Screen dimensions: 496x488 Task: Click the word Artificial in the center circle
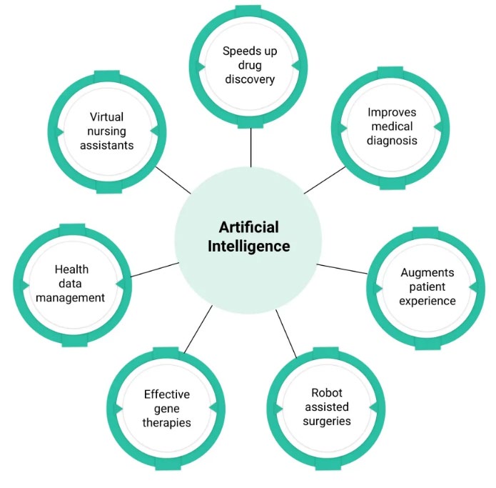[x=249, y=227]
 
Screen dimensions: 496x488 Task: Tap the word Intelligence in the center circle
[x=249, y=247]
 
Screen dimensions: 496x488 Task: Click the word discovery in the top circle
[x=250, y=79]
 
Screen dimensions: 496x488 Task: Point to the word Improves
[x=392, y=113]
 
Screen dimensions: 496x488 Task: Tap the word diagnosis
[x=392, y=141]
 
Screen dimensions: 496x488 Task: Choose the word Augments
[x=427, y=273]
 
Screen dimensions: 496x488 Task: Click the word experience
[x=427, y=301]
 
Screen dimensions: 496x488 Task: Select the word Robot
[x=327, y=393]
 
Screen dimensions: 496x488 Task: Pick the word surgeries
[x=327, y=421]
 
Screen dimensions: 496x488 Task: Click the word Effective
[x=167, y=394]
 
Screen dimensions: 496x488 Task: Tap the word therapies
[x=167, y=423]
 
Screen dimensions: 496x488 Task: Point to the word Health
[x=71, y=269]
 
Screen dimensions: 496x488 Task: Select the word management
[x=70, y=298]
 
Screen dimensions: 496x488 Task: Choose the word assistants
[x=106, y=145]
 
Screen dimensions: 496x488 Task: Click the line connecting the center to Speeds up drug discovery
[x=250, y=148]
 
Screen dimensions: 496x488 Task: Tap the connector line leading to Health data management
[x=155, y=270]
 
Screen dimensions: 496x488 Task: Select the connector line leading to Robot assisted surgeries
[x=286, y=334]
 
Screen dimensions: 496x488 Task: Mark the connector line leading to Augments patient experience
[x=343, y=269]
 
